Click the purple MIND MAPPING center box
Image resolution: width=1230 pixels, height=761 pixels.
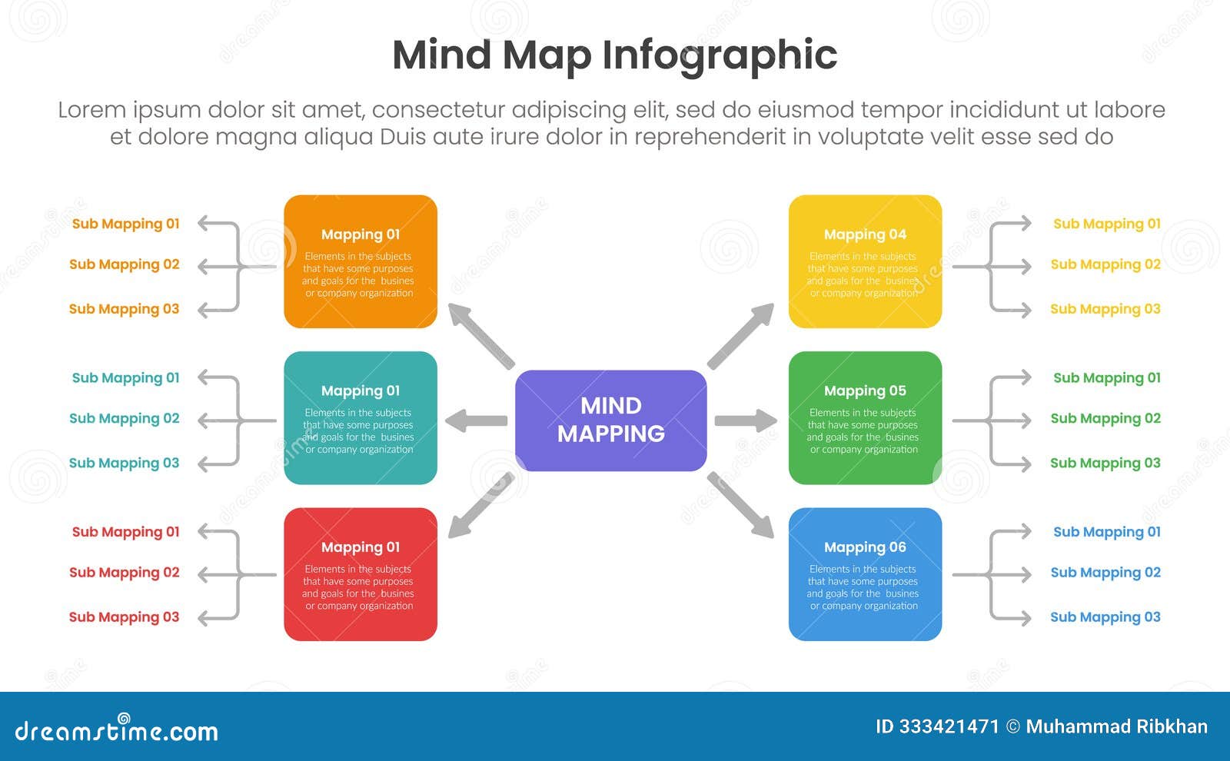(x=610, y=420)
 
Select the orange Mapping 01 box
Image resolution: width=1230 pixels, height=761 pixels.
(x=360, y=261)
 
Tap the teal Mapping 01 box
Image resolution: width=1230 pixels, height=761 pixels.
(x=360, y=417)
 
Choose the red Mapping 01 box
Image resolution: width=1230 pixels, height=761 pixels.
(x=360, y=574)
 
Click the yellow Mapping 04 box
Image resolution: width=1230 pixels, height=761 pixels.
(x=865, y=261)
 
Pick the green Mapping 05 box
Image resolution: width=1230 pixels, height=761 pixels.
(x=865, y=417)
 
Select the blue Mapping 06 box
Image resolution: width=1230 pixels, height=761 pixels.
(x=865, y=574)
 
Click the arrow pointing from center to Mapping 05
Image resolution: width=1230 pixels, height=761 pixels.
(x=745, y=420)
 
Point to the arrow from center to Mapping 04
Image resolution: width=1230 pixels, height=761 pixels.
(x=740, y=336)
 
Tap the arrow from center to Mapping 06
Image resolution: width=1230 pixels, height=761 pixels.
(x=740, y=504)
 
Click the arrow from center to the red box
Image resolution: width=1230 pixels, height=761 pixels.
(x=480, y=505)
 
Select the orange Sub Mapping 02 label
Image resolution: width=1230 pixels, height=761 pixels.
(x=125, y=264)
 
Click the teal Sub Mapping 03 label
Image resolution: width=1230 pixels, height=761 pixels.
(x=125, y=463)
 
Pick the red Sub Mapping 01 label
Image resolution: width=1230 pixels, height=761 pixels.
(x=126, y=532)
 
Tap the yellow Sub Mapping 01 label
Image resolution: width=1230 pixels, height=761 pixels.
(x=1106, y=224)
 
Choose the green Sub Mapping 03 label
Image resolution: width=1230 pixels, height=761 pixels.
(x=1105, y=463)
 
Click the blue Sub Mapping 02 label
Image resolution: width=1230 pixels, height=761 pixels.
(x=1105, y=573)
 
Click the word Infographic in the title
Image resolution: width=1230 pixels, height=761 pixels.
(x=719, y=55)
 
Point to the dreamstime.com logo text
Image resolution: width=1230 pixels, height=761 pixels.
(x=117, y=730)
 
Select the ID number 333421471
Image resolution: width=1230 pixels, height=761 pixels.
(x=949, y=726)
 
